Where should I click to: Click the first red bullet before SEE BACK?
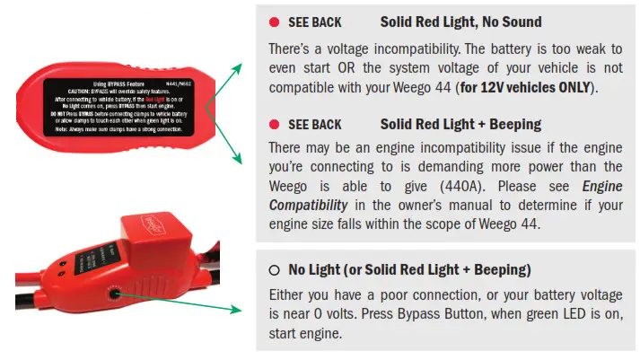(x=274, y=21)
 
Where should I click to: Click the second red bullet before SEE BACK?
(x=274, y=124)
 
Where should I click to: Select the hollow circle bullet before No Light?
(x=274, y=269)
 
